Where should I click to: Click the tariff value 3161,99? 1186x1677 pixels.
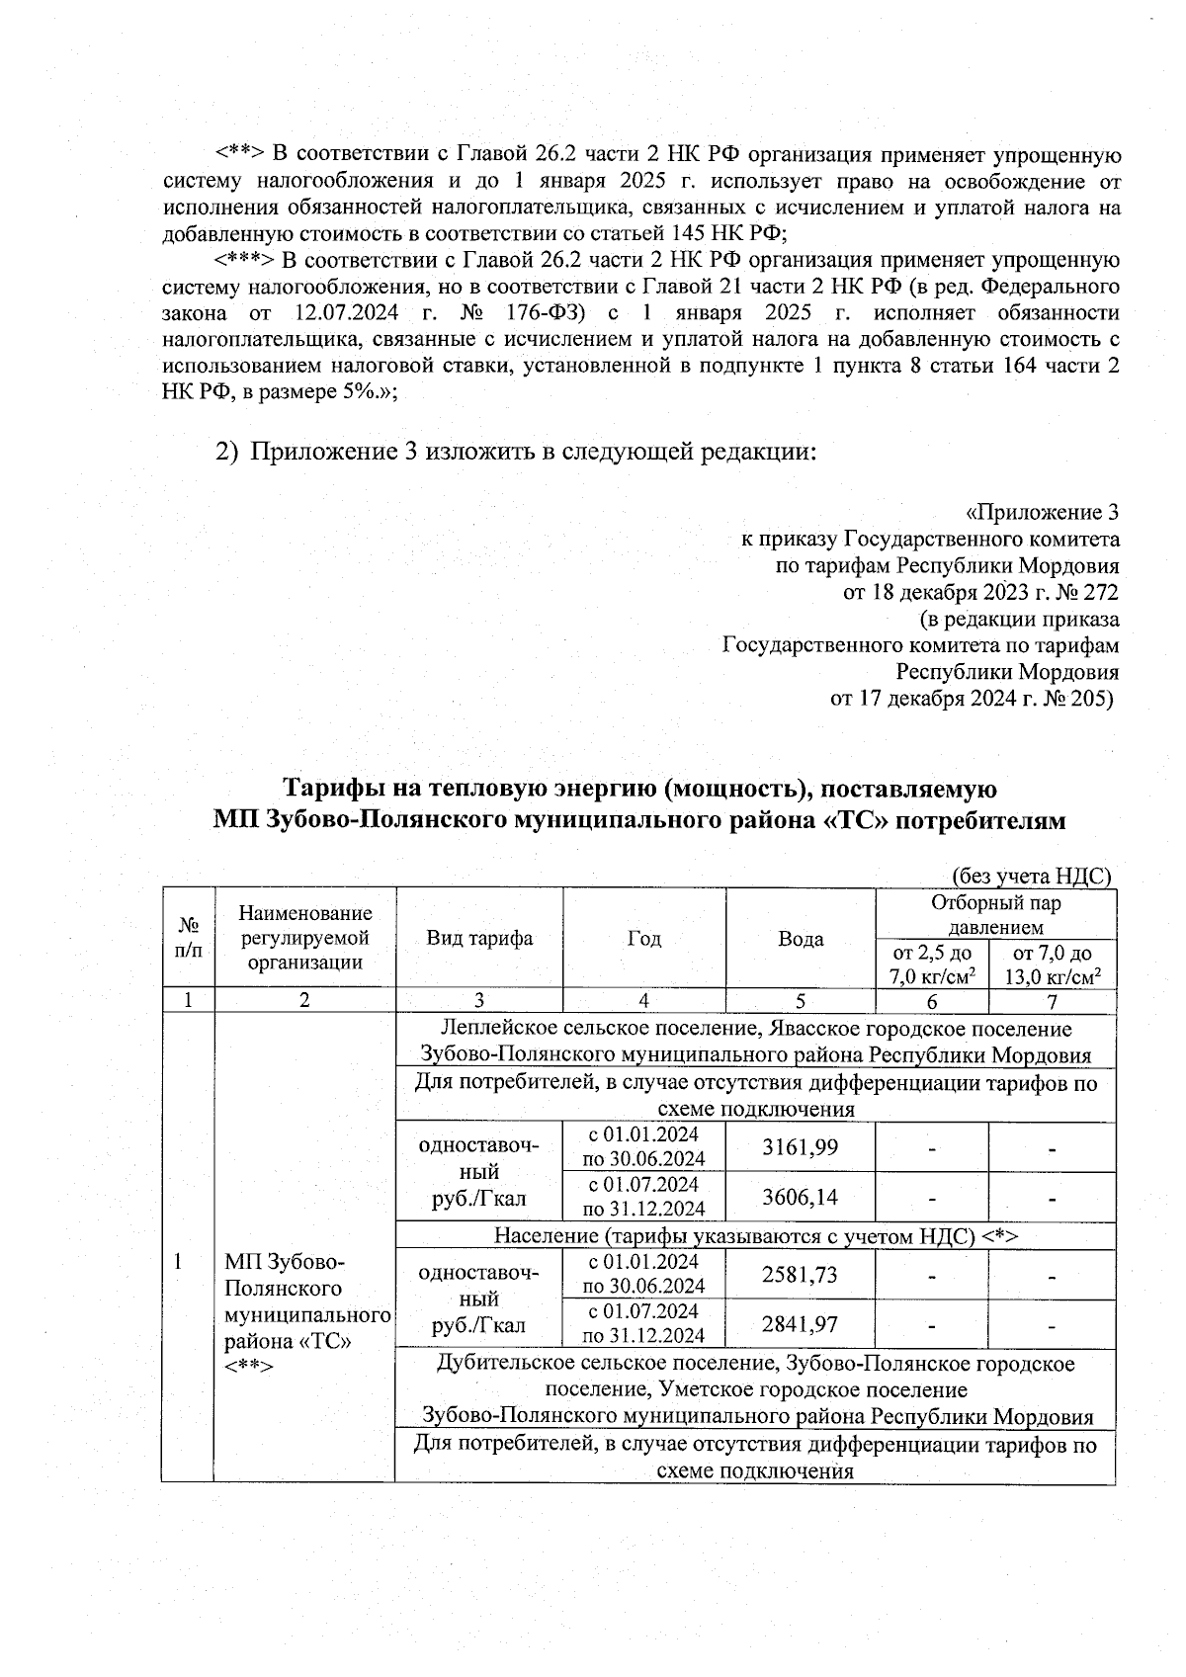(800, 1146)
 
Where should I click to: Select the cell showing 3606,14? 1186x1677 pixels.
(800, 1197)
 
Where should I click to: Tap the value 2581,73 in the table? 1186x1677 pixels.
(800, 1274)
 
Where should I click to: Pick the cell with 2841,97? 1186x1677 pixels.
(800, 1324)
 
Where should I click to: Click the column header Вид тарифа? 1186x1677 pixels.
(479, 938)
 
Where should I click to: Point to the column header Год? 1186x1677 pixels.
(644, 938)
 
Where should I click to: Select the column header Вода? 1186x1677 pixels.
(801, 938)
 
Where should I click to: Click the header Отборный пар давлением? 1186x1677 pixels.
(995, 915)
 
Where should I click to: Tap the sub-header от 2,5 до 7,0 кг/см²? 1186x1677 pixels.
(932, 964)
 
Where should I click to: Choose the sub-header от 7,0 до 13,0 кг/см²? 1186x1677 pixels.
(1053, 964)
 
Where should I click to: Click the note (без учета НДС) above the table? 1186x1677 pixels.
(1031, 876)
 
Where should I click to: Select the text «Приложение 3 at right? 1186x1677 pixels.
(1042, 513)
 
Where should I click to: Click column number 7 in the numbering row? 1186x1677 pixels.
(1052, 1000)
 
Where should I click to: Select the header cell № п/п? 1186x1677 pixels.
(188, 938)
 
